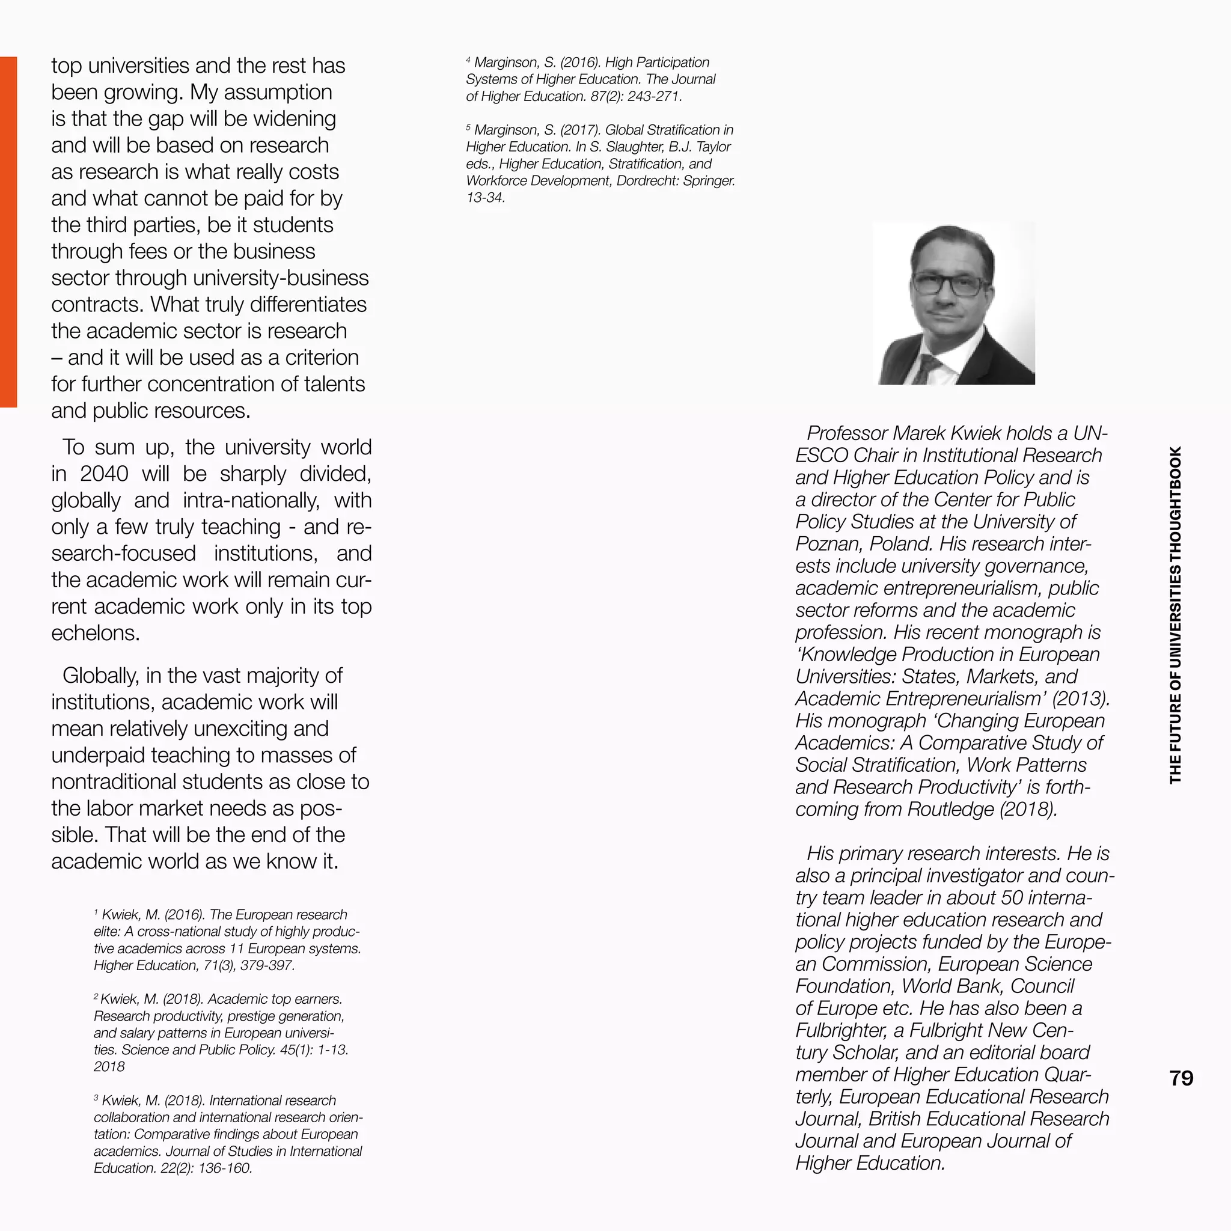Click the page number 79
(1181, 1078)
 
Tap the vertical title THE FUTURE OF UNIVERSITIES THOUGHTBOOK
(1176, 615)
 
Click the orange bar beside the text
(8, 231)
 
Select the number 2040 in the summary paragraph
(104, 474)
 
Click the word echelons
(95, 634)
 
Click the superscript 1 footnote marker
(96, 912)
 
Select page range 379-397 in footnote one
(267, 965)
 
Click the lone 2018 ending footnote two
(109, 1067)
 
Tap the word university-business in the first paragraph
(280, 278)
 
